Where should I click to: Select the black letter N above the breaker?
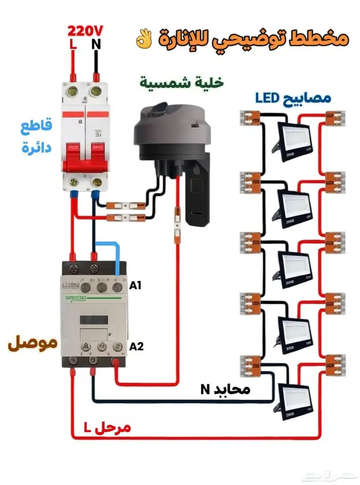(96, 45)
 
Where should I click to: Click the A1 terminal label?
(135, 286)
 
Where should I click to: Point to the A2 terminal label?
(136, 346)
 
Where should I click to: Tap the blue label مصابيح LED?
(293, 97)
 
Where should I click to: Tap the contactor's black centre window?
(95, 319)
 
